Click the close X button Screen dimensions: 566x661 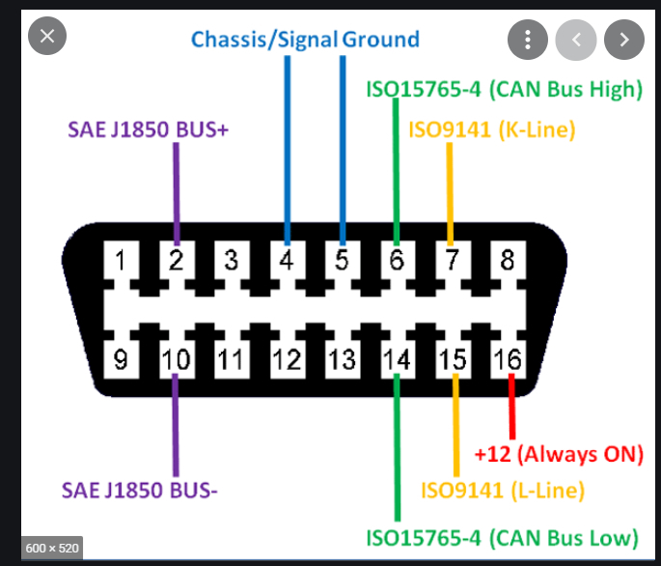pyautogui.click(x=48, y=39)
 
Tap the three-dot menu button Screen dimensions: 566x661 pyautogui.click(x=527, y=40)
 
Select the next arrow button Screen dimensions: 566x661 pyautogui.click(x=623, y=40)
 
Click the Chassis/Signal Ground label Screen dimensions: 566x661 pyautogui.click(x=305, y=40)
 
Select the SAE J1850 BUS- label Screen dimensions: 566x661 pyautogui.click(x=142, y=490)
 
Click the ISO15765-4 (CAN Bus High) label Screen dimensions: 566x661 pyautogui.click(x=504, y=90)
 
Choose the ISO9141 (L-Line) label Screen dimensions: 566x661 pyautogui.click(x=502, y=490)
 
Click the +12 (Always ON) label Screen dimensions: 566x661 pyautogui.click(x=559, y=452)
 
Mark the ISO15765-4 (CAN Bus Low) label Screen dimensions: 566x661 pyautogui.click(x=501, y=537)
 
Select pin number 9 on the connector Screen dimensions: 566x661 pyautogui.click(x=121, y=360)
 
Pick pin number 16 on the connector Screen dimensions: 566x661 pyautogui.click(x=508, y=360)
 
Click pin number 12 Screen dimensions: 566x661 pyautogui.click(x=287, y=360)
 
